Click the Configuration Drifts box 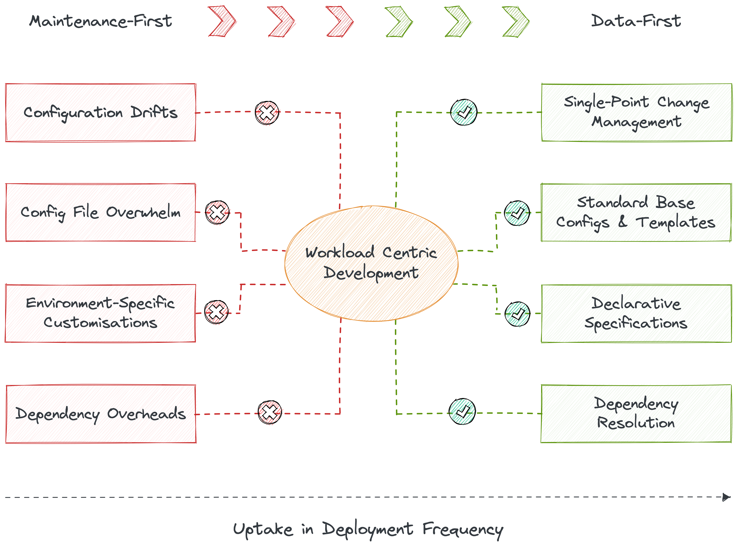(100, 113)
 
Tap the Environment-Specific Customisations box (100, 313)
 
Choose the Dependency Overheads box (100, 414)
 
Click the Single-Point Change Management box (636, 113)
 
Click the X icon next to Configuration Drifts (267, 113)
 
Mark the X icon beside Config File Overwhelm (217, 212)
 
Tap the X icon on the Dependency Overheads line (270, 413)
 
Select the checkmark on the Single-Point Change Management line (464, 112)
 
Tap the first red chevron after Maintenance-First (222, 21)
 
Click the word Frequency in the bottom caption (463, 530)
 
